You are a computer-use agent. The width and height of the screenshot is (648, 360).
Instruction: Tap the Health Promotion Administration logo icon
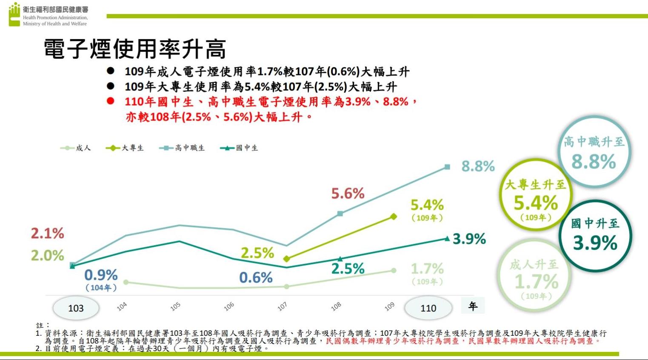(14, 14)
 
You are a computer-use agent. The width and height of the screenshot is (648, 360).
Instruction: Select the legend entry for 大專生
(125, 148)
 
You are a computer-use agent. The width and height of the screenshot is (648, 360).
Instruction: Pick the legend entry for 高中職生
(182, 148)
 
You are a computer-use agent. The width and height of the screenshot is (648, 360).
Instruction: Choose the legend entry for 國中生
(240, 148)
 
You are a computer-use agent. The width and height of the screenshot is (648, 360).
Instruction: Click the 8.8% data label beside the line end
(478, 166)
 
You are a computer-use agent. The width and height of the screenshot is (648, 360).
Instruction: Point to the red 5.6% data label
(348, 194)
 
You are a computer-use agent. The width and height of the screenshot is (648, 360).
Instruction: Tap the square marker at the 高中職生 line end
(447, 167)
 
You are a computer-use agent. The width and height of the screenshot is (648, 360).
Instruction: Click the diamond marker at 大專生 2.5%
(287, 259)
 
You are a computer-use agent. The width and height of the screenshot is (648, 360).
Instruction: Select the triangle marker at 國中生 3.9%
(447, 239)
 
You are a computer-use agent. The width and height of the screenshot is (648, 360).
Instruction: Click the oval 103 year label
(76, 308)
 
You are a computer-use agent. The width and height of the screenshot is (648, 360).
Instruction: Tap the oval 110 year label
(428, 308)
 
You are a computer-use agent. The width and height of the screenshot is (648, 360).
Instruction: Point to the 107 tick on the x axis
(282, 306)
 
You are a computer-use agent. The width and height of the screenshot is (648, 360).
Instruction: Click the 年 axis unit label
(473, 306)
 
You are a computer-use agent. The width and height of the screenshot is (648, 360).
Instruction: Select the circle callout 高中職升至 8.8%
(594, 152)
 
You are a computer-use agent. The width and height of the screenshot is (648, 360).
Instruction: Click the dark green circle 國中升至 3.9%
(595, 235)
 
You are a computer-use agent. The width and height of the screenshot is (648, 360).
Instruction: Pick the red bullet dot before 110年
(111, 101)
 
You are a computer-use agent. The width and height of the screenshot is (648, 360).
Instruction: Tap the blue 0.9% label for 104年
(101, 275)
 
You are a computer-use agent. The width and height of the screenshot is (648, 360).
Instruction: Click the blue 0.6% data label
(256, 278)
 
